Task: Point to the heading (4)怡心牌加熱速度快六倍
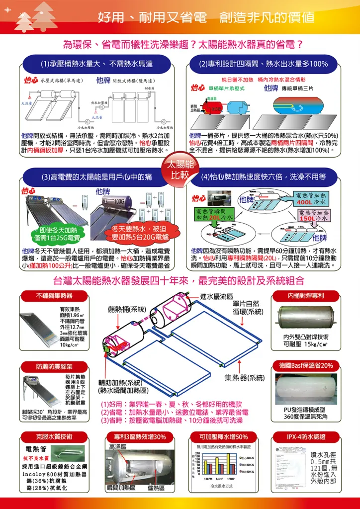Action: pyautogui.click(x=263, y=176)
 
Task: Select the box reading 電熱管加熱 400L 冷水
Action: pyautogui.click(x=311, y=199)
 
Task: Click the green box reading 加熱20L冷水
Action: pyautogui.click(x=214, y=214)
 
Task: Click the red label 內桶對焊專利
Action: pyautogui.click(x=306, y=296)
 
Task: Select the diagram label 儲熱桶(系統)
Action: pyautogui.click(x=127, y=309)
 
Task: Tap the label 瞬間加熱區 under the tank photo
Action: pyautogui.click(x=121, y=488)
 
